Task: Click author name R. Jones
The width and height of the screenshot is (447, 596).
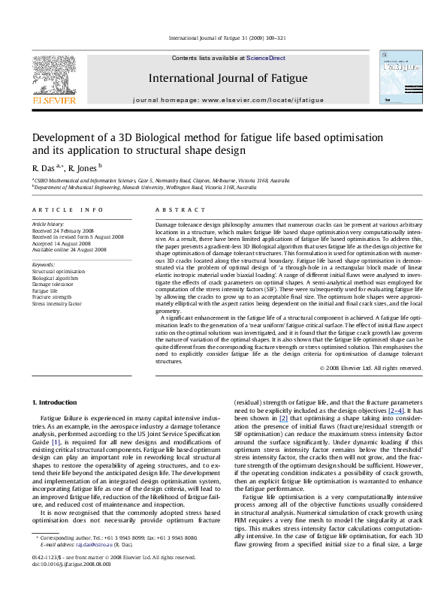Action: pos(83,167)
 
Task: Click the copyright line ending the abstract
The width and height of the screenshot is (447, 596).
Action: pos(371,368)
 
